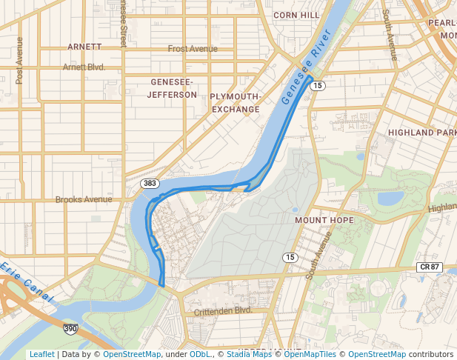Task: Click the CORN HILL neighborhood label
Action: pos(296,15)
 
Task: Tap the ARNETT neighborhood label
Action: pos(84,46)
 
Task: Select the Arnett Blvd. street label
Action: pos(84,67)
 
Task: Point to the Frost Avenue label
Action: pos(193,49)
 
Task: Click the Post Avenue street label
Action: pos(20,60)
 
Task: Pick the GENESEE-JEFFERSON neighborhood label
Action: pos(172,88)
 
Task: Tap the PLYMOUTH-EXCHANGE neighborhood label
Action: pos(236,103)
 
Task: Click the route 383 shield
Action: pos(150,182)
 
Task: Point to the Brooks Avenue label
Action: pos(84,199)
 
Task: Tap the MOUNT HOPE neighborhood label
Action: pos(324,220)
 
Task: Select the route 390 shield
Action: pos(70,327)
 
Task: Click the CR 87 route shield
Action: pos(429,267)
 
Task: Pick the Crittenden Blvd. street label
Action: pos(224,312)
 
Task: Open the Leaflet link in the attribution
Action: pos(41,354)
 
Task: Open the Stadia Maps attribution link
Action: pos(249,354)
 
